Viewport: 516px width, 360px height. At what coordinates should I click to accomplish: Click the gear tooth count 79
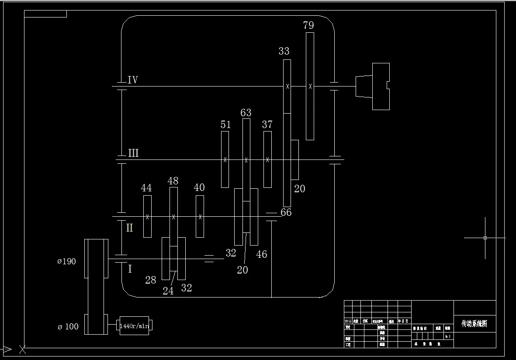click(308, 25)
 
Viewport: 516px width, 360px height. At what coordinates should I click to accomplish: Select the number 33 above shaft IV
click(284, 51)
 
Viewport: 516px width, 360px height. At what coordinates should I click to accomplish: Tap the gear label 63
click(246, 113)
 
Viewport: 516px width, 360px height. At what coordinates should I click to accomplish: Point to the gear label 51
click(225, 125)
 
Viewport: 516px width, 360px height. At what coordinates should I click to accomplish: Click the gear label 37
click(267, 125)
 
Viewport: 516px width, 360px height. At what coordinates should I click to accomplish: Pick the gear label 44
click(146, 188)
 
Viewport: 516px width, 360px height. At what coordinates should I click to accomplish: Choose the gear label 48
click(173, 180)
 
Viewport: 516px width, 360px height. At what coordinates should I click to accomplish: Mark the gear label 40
click(199, 187)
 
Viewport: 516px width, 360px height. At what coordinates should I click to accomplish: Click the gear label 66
click(286, 212)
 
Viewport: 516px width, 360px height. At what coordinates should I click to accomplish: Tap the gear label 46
click(262, 254)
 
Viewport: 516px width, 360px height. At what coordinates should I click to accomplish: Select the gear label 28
click(151, 280)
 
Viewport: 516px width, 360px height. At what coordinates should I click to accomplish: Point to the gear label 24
click(168, 291)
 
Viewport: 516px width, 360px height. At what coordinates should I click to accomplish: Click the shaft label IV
click(133, 80)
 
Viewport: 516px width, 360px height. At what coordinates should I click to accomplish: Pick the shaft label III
click(133, 153)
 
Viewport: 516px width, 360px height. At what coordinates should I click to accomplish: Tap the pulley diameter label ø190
click(66, 261)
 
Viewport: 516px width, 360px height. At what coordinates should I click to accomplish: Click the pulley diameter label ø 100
click(68, 326)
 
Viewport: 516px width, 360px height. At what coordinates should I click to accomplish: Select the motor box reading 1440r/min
click(134, 326)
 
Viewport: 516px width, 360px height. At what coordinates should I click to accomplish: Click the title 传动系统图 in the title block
click(474, 324)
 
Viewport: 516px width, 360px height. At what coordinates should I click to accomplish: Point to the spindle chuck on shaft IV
click(373, 86)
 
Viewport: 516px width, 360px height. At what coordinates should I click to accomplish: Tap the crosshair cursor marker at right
click(485, 238)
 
